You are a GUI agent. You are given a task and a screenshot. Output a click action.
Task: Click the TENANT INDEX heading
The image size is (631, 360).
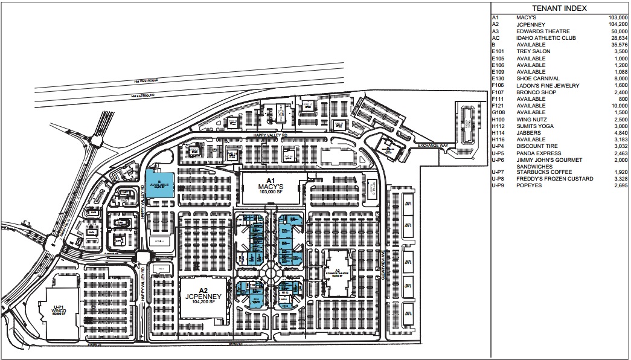point(559,8)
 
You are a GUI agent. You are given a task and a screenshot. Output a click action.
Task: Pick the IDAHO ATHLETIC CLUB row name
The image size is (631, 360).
point(546,38)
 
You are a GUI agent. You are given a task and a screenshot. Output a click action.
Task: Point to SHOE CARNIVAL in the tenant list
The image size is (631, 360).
point(537,79)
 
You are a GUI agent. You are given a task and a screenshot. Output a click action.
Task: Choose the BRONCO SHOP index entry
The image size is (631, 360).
point(536,92)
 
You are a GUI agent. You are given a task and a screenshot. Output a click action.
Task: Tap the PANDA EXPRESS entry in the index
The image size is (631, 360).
point(539,153)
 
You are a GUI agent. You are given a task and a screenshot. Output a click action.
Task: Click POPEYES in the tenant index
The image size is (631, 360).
point(530,185)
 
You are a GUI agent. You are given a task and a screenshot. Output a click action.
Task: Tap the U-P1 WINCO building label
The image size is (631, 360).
point(58,311)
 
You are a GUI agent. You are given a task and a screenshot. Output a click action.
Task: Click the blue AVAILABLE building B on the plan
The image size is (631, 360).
point(160,184)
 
